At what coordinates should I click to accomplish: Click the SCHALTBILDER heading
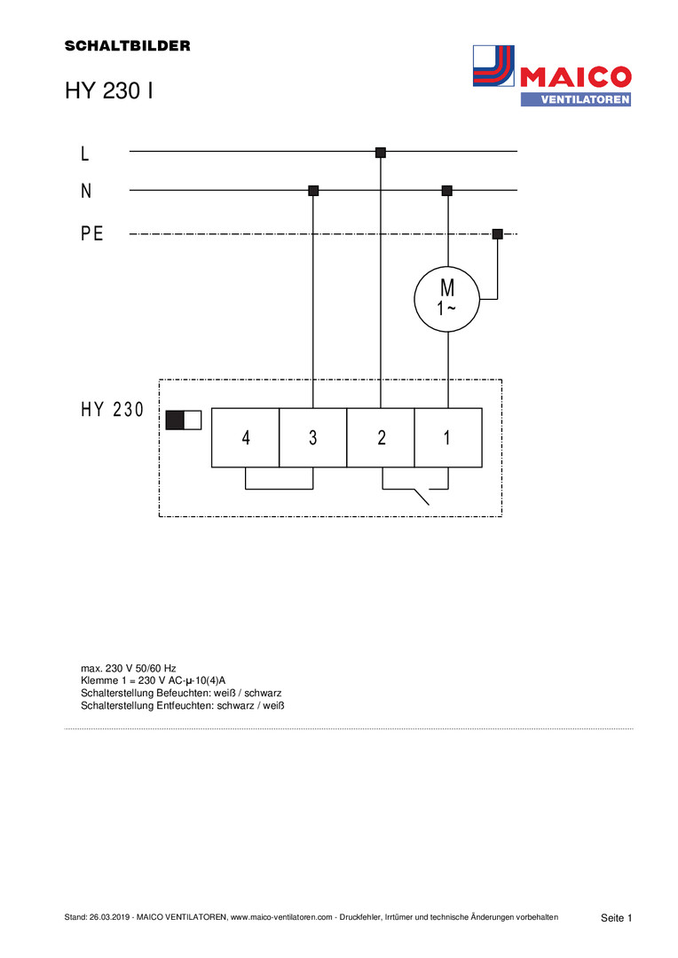coord(127,46)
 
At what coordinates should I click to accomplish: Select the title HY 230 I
coord(109,90)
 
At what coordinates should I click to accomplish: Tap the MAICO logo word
coord(575,77)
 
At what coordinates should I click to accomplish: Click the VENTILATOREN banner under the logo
coord(576,99)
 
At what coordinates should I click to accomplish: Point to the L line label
coord(85,153)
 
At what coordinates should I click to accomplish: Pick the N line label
coord(86,191)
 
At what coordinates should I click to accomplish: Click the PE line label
coord(91,233)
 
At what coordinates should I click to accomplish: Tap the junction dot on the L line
coord(381,153)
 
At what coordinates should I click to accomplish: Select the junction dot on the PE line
coord(498,233)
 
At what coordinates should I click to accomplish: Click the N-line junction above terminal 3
coord(313,191)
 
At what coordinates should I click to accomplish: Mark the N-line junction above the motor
coord(447,191)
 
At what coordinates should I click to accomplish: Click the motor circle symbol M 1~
coord(447,300)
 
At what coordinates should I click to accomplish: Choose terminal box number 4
coord(245,437)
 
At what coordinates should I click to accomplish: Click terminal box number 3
coord(313,437)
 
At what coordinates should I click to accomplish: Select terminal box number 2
coord(381,437)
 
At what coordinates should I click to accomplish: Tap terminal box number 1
coord(448,437)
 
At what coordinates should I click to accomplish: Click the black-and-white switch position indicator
coord(184,420)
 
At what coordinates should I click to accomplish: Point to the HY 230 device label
coord(113,409)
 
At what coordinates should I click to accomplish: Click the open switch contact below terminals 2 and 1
coord(415,490)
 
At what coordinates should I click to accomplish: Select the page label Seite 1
coord(616,918)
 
